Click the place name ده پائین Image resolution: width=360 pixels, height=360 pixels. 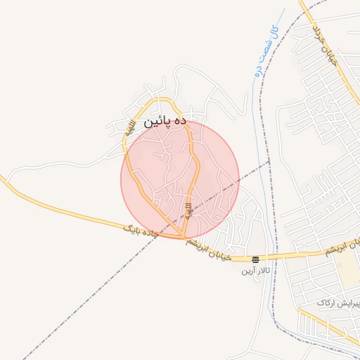(165, 121)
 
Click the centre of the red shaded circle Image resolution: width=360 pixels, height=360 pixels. (180, 180)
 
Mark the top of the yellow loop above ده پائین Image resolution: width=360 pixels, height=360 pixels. (160, 100)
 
